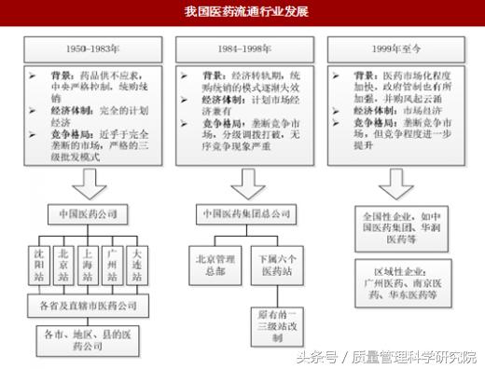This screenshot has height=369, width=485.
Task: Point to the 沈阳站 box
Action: coord(39,265)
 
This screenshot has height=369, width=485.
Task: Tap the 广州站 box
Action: coord(112,265)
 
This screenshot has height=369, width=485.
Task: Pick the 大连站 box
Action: coord(136,265)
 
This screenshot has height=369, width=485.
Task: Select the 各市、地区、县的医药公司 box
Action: coord(87,338)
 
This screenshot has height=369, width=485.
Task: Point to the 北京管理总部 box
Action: coord(214,265)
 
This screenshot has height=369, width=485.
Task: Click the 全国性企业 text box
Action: coord(397,226)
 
